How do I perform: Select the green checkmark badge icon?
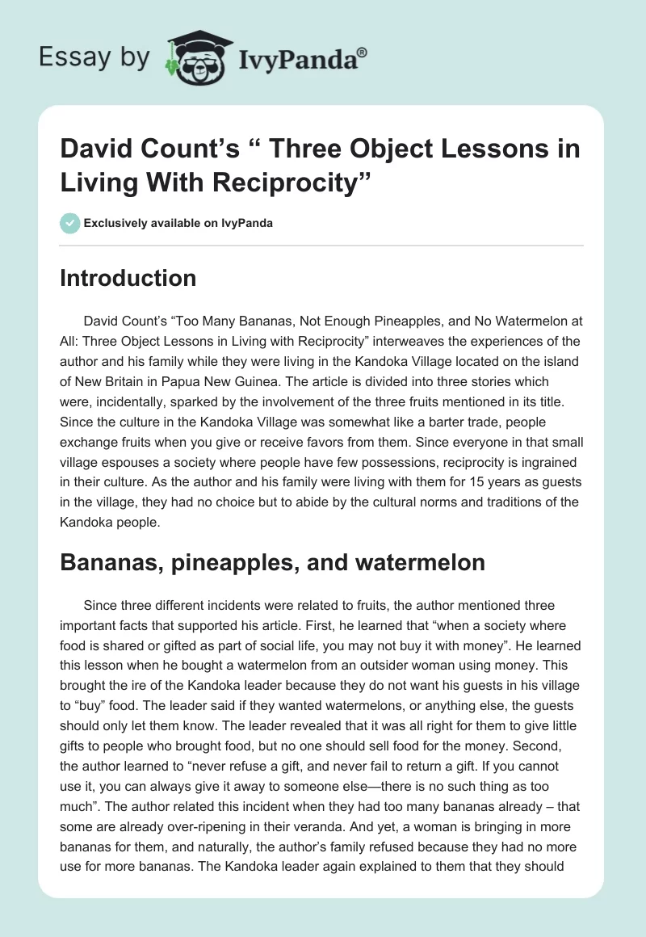coord(69,223)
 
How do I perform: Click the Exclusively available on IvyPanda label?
coord(178,223)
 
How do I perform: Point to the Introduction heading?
coord(128,278)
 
